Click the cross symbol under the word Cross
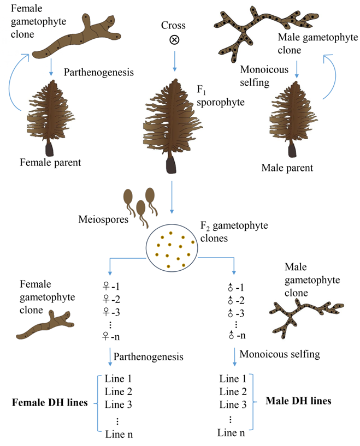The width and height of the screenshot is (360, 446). pyautogui.click(x=174, y=41)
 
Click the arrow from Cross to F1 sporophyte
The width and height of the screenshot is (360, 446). pyautogui.click(x=174, y=61)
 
